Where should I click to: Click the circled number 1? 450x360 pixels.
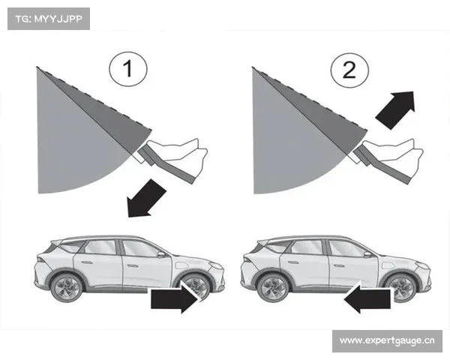click(128, 69)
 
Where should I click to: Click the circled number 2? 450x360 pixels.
click(349, 70)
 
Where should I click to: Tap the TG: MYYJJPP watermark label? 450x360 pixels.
click(49, 19)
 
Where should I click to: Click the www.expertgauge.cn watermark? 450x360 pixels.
click(387, 341)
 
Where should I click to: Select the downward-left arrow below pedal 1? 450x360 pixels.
click(145, 199)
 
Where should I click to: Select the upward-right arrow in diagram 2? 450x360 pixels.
click(396, 109)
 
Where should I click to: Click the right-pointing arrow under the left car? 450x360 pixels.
click(175, 299)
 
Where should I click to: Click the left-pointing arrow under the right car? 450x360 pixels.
click(367, 299)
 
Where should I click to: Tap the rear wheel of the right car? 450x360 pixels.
click(273, 288)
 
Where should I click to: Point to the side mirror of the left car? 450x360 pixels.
click(161, 254)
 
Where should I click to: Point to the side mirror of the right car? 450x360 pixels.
click(367, 254)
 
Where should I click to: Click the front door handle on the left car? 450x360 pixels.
click(132, 265)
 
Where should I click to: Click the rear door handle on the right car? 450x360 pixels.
click(293, 262)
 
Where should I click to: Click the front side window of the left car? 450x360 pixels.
click(139, 249)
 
